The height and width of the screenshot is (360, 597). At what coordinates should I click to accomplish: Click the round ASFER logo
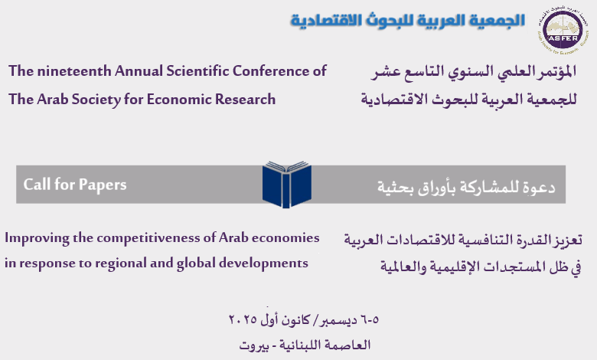(563, 30)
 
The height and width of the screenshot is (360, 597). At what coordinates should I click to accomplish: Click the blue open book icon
(287, 185)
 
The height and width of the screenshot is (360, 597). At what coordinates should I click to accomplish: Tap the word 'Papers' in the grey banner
(103, 185)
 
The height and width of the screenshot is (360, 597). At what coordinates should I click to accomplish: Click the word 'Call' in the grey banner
(37, 185)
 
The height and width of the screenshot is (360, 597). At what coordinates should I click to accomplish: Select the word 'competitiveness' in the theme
(148, 238)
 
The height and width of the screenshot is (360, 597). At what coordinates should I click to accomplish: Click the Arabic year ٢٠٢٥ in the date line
(243, 319)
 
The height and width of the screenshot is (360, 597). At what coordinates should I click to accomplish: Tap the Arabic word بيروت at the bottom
(254, 345)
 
